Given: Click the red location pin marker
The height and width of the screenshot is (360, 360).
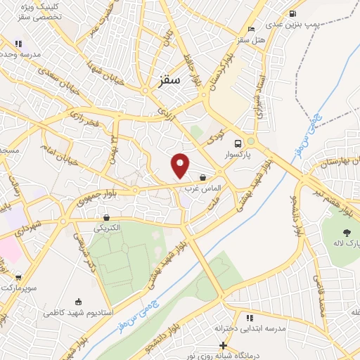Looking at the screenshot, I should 181,166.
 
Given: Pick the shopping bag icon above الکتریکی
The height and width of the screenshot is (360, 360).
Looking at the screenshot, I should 106,218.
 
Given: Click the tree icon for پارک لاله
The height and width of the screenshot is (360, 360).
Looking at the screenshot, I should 346,232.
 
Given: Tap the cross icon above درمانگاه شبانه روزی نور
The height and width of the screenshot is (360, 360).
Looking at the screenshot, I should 223,346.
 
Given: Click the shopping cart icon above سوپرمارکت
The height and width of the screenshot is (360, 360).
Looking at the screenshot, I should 18,278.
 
